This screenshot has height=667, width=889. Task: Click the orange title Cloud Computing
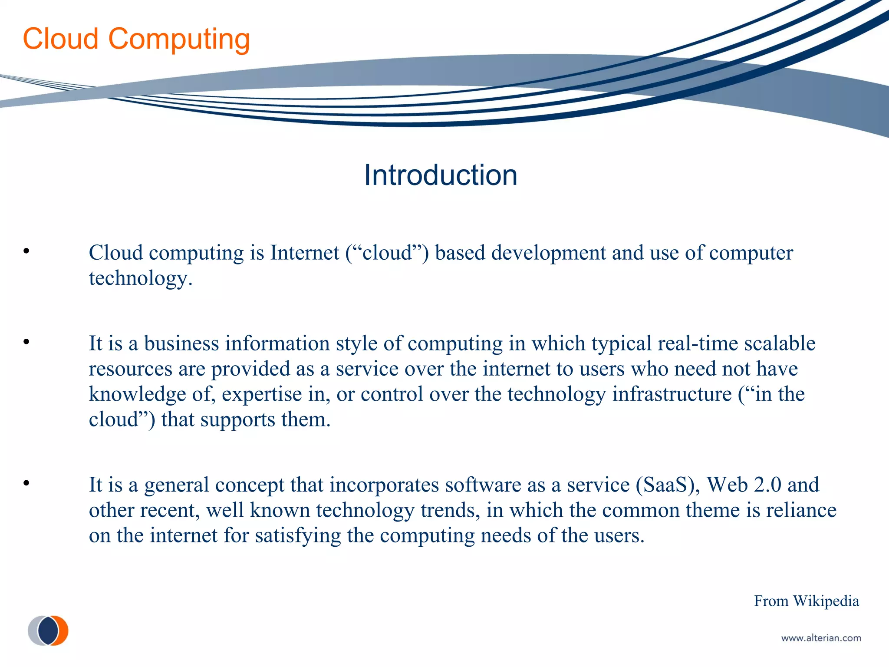(x=136, y=39)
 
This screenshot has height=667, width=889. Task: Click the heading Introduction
(x=440, y=175)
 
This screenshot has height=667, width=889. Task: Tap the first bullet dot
(x=26, y=251)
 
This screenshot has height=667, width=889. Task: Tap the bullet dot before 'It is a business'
(x=26, y=342)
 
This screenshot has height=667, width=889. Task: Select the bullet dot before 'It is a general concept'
(x=26, y=483)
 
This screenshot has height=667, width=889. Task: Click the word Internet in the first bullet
(x=304, y=253)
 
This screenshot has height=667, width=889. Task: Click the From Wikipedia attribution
(x=806, y=601)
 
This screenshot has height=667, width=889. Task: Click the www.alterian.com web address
(x=821, y=638)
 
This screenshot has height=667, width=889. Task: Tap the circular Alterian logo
(x=48, y=631)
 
